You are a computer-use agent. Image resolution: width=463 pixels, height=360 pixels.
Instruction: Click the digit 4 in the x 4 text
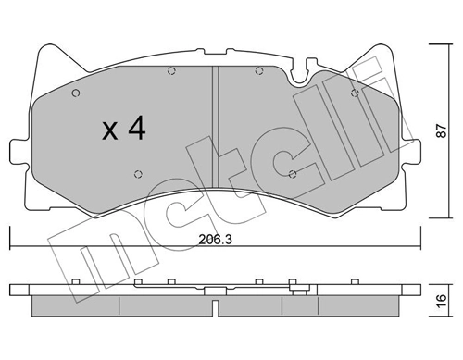(x=135, y=129)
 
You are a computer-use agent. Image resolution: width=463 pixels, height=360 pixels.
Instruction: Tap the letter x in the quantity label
(x=109, y=131)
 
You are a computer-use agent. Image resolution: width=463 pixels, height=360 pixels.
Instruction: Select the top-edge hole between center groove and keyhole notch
(x=258, y=70)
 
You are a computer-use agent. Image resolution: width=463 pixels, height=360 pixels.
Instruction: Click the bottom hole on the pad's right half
(x=293, y=172)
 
